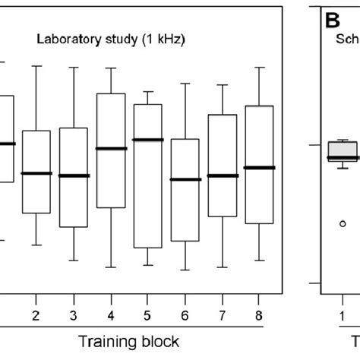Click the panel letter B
tap(331, 19)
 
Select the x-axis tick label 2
tap(36, 314)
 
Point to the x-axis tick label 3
tap(73, 314)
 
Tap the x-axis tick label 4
tap(111, 314)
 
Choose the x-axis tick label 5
tap(147, 314)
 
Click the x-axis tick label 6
tap(185, 314)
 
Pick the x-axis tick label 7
tap(223, 314)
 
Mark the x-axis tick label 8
tap(260, 314)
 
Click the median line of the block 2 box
tap(36, 173)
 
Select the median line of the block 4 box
tap(111, 148)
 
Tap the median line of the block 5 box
tap(147, 140)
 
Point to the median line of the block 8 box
tap(260, 167)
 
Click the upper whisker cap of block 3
tap(73, 68)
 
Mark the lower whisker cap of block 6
tap(185, 270)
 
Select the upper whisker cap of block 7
tap(223, 84)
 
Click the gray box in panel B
tap(343, 150)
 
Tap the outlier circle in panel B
tap(343, 223)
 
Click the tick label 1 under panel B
tap(343, 314)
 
